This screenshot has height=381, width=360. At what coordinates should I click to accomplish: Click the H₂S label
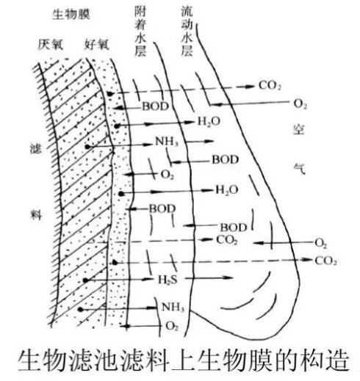[168, 280]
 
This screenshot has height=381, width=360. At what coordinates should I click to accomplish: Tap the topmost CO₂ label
[270, 86]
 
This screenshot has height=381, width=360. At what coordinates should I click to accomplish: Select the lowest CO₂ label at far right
[325, 261]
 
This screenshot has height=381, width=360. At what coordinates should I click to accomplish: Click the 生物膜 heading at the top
[71, 14]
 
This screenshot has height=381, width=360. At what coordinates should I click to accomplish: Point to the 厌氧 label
[51, 45]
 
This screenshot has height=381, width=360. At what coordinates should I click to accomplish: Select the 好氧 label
[97, 45]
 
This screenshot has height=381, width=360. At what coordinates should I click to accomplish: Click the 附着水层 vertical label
[140, 32]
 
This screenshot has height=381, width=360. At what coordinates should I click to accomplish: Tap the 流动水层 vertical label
[187, 32]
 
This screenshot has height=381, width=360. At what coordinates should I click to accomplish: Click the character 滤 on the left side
[36, 148]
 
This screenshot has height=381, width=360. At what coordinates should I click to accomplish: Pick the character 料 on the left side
[36, 214]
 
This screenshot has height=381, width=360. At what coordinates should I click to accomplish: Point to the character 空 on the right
[299, 129]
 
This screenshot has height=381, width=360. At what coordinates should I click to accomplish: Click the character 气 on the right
[299, 168]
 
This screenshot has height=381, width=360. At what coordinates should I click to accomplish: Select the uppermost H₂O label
[209, 121]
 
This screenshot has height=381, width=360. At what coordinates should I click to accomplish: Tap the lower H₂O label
[226, 190]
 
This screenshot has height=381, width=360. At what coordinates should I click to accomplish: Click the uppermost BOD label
[156, 106]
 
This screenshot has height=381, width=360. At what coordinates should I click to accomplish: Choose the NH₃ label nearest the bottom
[173, 307]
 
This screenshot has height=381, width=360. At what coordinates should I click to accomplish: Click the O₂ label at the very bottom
[172, 326]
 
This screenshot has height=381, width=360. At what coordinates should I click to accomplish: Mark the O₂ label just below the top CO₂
[300, 104]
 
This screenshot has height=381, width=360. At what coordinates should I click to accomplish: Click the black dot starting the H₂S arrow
[85, 280]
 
